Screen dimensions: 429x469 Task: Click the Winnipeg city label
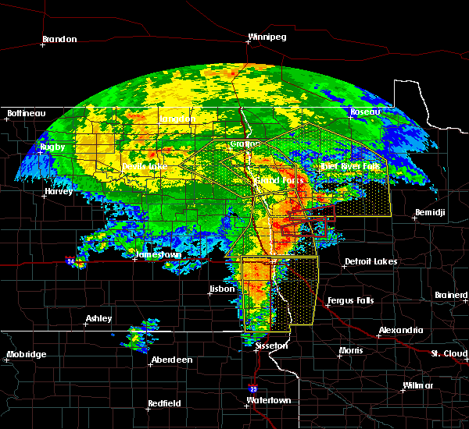267,37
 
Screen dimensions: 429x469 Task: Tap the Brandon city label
59,39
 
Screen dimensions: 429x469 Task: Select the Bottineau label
27,113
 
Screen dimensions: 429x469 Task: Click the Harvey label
59,191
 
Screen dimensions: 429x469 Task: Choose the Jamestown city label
159,255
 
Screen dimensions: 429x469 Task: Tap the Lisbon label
222,289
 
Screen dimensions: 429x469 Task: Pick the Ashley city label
99,318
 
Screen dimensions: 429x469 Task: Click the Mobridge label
27,355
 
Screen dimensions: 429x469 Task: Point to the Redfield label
165,403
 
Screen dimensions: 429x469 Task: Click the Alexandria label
401,330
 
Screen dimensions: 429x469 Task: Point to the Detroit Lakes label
371,261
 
